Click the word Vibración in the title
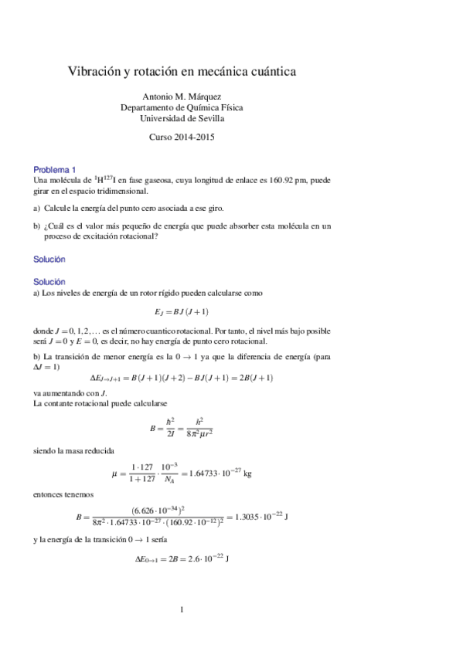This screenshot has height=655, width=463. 94,71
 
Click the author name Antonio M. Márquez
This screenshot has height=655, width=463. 182,97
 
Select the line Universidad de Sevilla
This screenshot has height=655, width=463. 182,118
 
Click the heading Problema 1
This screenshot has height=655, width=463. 54,170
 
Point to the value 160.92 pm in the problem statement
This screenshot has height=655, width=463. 269,181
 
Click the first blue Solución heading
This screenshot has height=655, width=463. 49,260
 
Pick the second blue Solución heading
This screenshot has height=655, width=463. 49,282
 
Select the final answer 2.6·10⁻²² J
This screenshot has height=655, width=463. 209,558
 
